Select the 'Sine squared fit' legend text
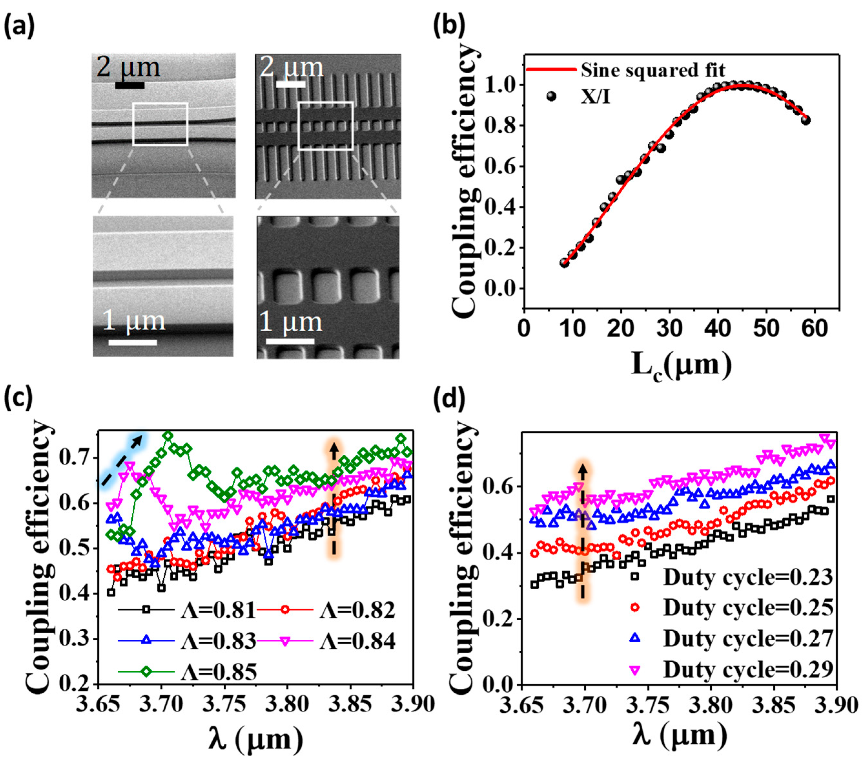(653, 70)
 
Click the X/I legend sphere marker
(551, 96)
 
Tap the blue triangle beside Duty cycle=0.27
(635, 638)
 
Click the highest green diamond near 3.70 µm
(168, 436)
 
